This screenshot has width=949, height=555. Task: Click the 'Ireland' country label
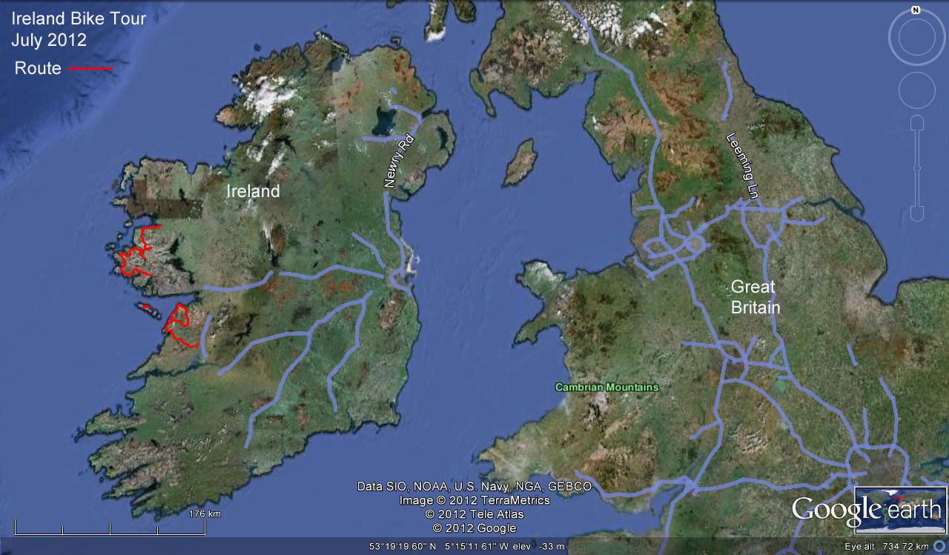(253, 191)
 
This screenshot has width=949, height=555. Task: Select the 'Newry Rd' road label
(398, 161)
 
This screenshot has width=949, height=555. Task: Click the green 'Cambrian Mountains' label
(607, 387)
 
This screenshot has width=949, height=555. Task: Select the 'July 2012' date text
(49, 40)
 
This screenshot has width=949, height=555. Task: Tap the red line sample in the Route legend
(90, 69)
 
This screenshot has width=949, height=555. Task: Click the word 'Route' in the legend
(38, 69)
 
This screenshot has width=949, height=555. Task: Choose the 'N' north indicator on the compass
(916, 10)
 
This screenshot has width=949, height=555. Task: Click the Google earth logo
(867, 511)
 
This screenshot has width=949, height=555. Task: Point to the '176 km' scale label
(205, 514)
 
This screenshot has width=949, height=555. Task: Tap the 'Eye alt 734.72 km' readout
(887, 547)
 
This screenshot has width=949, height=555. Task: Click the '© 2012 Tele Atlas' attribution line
(474, 514)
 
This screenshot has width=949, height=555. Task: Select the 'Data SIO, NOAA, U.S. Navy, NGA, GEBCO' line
(474, 487)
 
